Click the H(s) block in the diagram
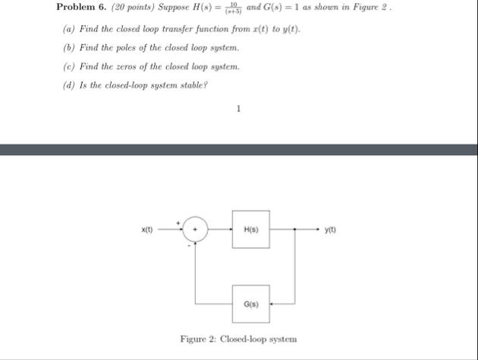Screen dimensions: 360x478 tap(251, 229)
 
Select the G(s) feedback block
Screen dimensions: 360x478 tap(251, 303)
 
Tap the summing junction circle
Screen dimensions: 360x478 tap(197, 229)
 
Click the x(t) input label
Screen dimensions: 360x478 tap(147, 229)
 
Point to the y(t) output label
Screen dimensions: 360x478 tap(330, 229)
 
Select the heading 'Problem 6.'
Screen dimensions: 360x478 tap(77, 8)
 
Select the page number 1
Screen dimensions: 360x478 tap(238, 109)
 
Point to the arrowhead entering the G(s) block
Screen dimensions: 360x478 tap(272, 303)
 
